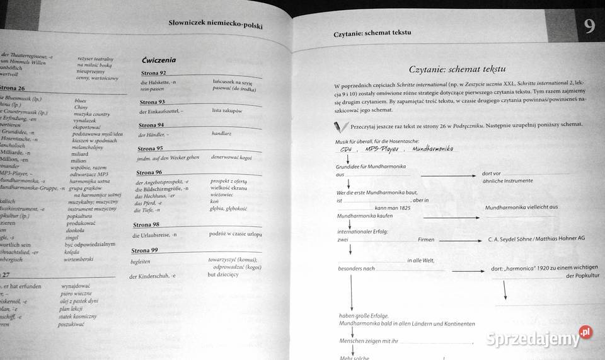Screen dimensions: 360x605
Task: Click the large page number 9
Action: click(589, 26)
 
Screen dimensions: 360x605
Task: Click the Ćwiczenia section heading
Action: click(159, 61)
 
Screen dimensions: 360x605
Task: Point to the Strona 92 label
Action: click(154, 74)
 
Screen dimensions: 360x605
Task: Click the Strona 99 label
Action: click(146, 250)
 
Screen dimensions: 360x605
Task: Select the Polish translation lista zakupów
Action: click(228, 111)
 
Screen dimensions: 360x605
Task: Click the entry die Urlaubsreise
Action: click(154, 235)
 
